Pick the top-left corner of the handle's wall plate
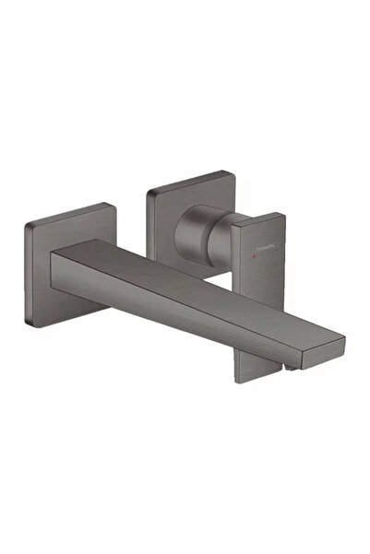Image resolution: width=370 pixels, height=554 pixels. click(x=147, y=191)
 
